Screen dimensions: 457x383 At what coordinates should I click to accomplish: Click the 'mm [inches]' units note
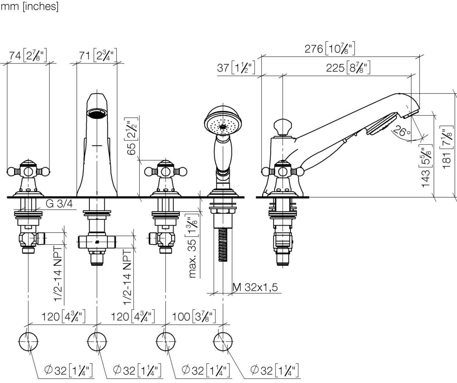click(x=30, y=6)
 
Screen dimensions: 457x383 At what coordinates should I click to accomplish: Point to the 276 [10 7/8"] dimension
click(x=330, y=49)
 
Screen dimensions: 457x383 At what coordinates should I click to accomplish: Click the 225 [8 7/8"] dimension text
click(x=348, y=68)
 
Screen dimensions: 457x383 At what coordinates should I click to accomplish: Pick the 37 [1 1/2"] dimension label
click(x=236, y=68)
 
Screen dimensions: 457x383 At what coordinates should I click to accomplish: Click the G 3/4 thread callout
click(x=59, y=204)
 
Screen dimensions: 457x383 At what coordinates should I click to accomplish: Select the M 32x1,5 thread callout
click(x=255, y=287)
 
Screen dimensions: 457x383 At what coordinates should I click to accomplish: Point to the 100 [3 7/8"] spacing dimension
click(x=194, y=317)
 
